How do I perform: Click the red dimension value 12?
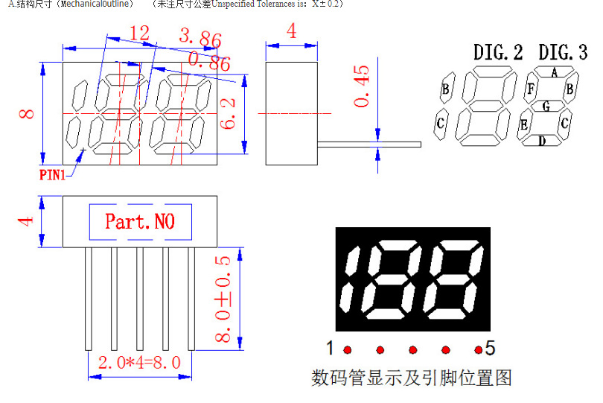(x=139, y=33)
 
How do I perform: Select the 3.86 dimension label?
(x=200, y=38)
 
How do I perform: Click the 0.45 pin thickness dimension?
(x=362, y=86)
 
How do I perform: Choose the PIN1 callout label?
(x=52, y=175)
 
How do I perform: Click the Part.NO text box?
(x=140, y=221)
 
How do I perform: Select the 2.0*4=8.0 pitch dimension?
(x=139, y=363)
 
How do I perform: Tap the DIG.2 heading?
(x=498, y=53)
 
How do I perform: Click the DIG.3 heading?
(x=563, y=53)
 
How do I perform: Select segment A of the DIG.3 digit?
(x=554, y=72)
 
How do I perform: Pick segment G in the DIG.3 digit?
(x=546, y=107)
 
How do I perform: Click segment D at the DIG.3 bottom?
(x=542, y=140)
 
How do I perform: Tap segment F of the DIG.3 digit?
(x=531, y=89)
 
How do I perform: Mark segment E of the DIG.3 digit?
(x=525, y=124)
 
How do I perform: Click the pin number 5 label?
(x=490, y=347)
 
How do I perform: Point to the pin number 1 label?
(x=330, y=347)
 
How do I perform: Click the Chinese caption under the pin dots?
(x=411, y=378)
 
